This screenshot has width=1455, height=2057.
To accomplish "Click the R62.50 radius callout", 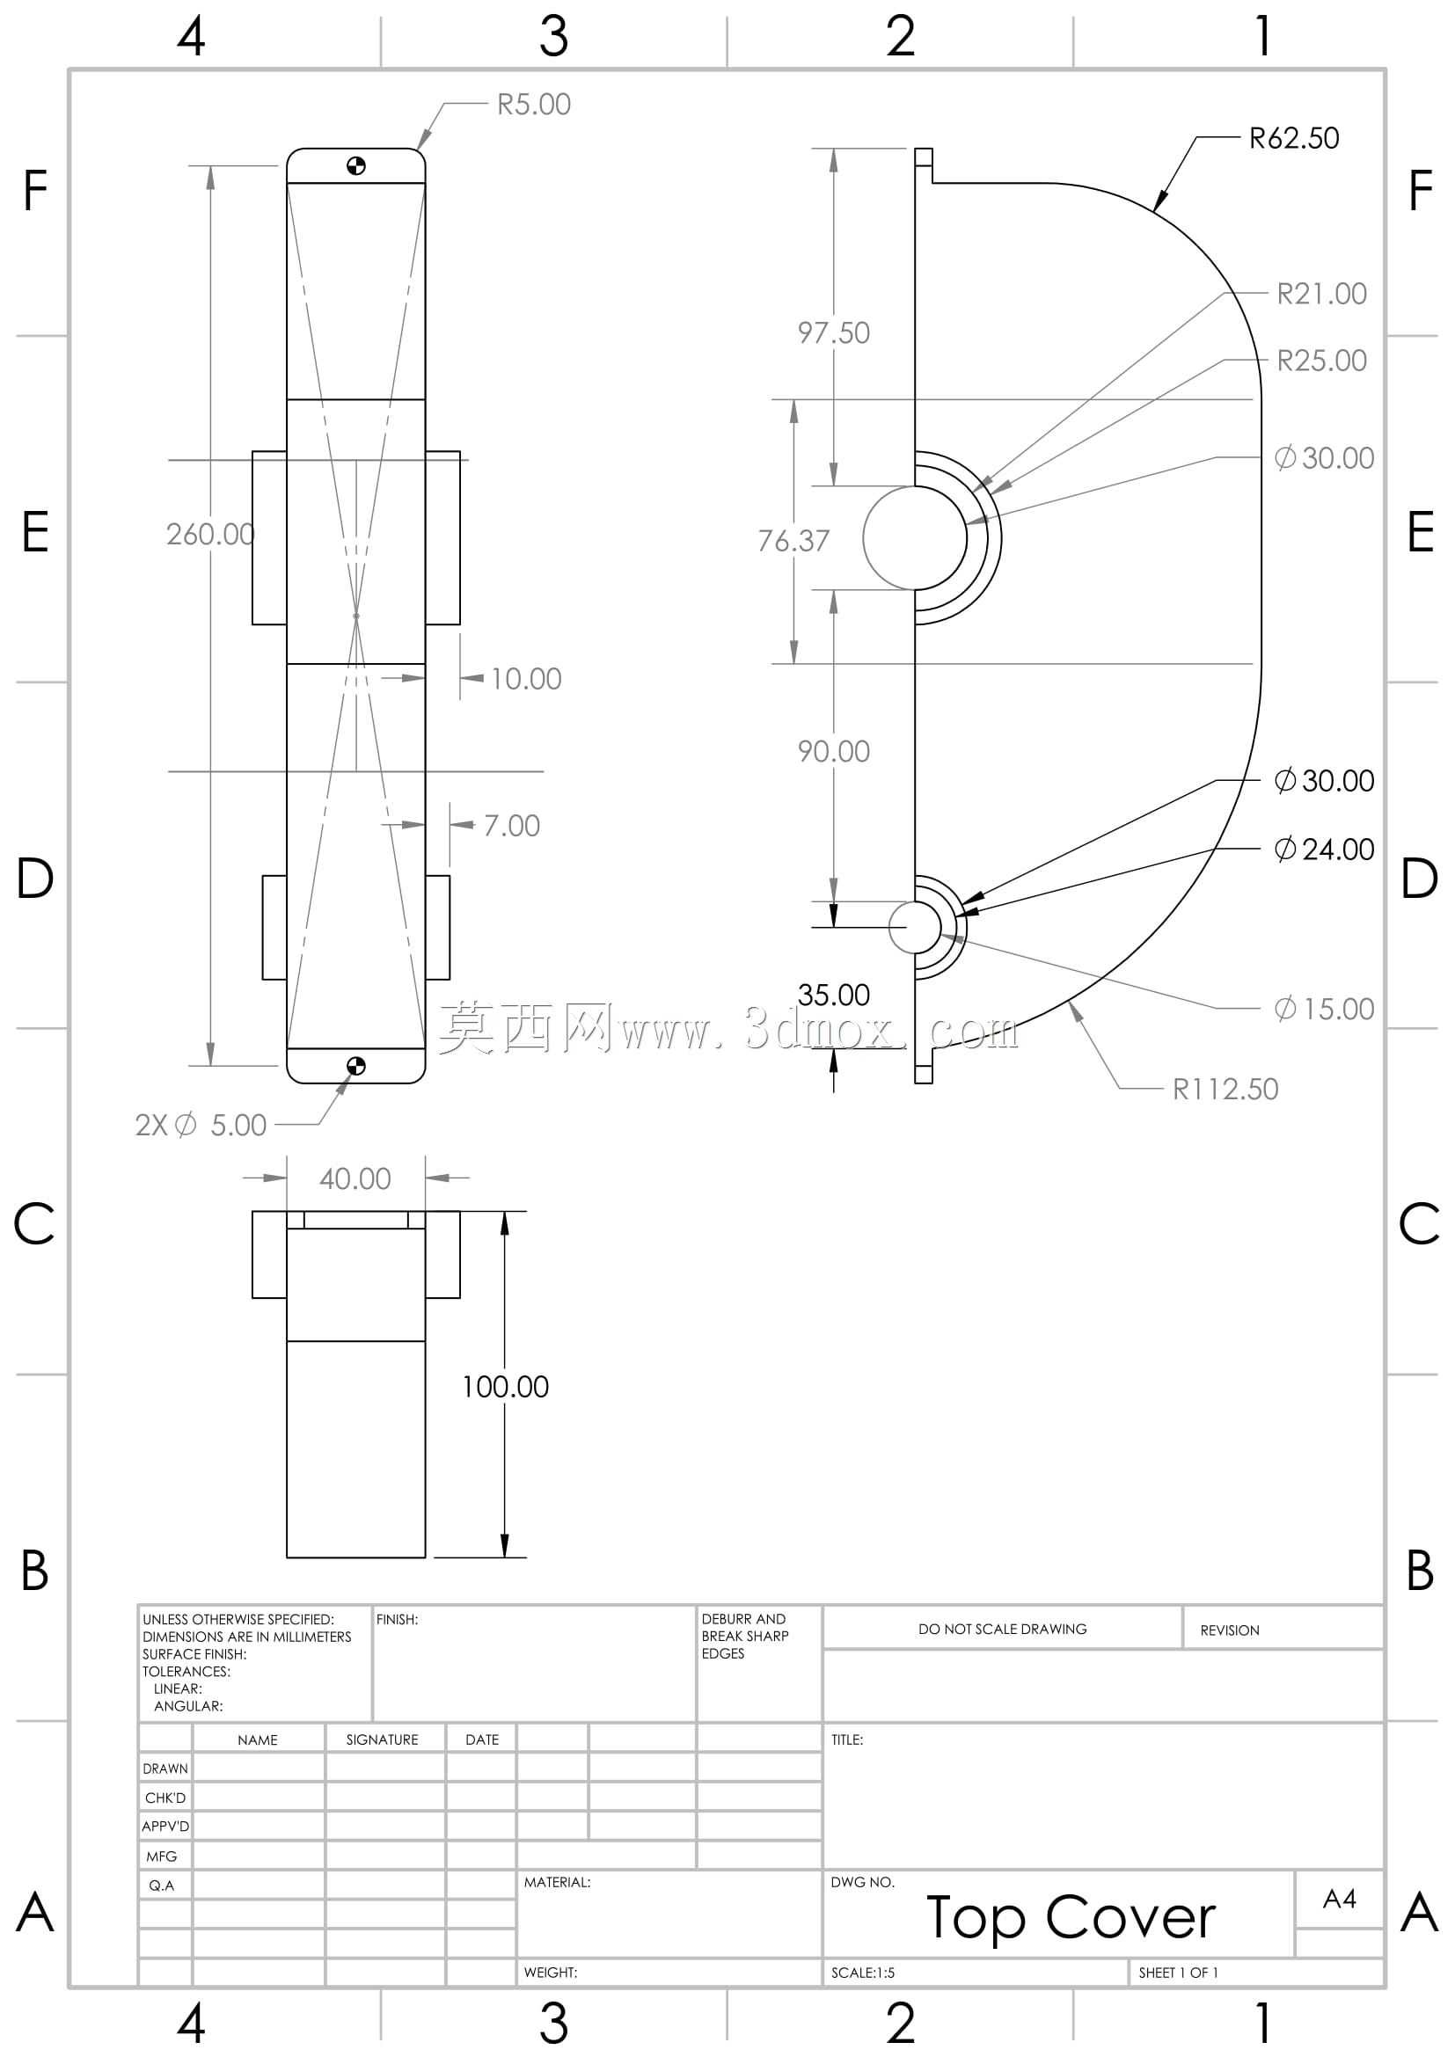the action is pos(1294,138).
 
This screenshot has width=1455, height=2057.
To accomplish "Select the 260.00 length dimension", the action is pos(210,534).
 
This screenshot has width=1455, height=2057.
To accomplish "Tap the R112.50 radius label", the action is pos(1225,1089).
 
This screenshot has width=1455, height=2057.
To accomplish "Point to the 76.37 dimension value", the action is pos(793,540).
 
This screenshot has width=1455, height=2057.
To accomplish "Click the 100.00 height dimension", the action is pos(505,1386).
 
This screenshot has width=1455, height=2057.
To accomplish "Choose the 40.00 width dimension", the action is pos(355,1178).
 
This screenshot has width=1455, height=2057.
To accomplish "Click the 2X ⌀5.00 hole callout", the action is pos(201,1125).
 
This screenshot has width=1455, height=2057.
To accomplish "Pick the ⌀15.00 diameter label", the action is pos(1324,1009).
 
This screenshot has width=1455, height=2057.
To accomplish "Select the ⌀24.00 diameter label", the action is pos(1324,850).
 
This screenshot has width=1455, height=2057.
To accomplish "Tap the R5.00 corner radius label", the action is pos(534,105).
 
